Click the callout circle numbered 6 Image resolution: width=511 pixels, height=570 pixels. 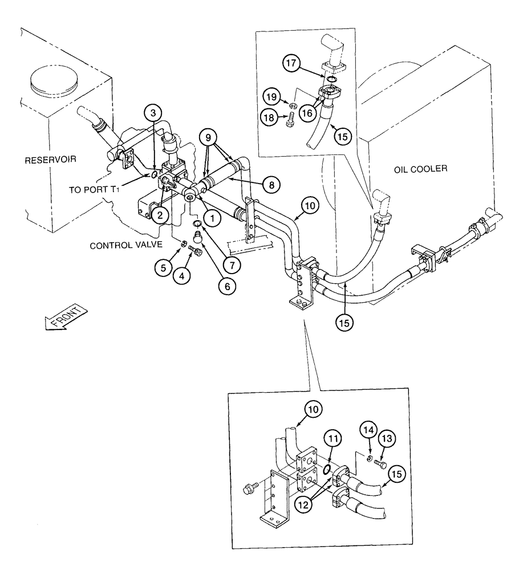(227, 287)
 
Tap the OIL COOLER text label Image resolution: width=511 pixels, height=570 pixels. (421, 169)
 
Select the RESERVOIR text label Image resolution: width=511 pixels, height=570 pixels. (50, 161)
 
